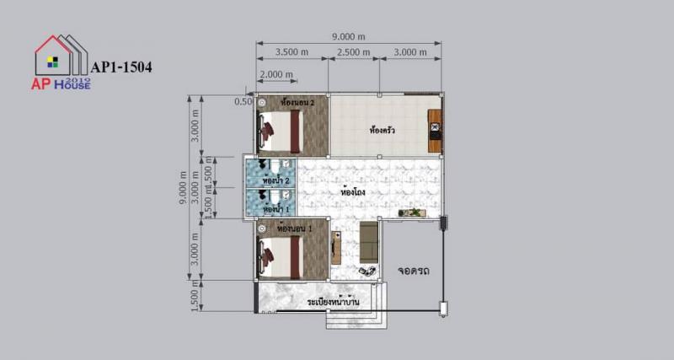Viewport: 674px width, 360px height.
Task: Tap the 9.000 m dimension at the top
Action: (349, 36)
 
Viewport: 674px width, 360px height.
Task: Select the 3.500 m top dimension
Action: (292, 52)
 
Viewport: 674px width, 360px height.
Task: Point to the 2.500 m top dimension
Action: (353, 52)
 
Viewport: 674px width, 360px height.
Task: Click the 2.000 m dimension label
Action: (276, 74)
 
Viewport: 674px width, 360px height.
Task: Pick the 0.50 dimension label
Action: (243, 101)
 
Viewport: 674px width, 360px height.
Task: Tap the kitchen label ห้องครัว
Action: (382, 131)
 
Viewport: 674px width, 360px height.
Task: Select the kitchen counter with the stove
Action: (435, 130)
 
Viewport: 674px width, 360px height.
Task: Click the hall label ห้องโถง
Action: (352, 192)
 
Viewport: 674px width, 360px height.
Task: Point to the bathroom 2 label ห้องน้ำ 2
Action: (276, 180)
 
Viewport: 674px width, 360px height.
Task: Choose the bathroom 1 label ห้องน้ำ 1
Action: (276, 208)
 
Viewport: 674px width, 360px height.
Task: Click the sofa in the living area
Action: (369, 241)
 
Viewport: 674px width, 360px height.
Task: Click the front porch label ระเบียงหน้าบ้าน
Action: (328, 300)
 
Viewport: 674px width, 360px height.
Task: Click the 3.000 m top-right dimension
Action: (411, 52)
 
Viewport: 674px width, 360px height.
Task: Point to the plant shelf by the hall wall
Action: (412, 212)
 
